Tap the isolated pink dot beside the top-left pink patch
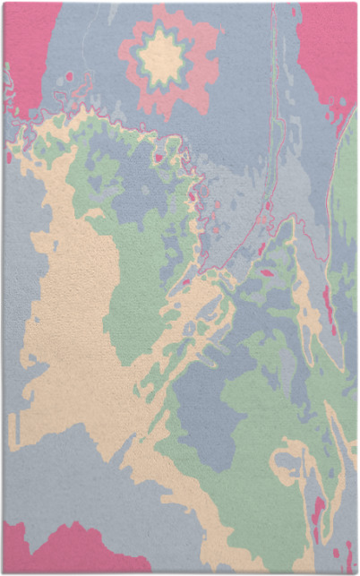click(x=70, y=77)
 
